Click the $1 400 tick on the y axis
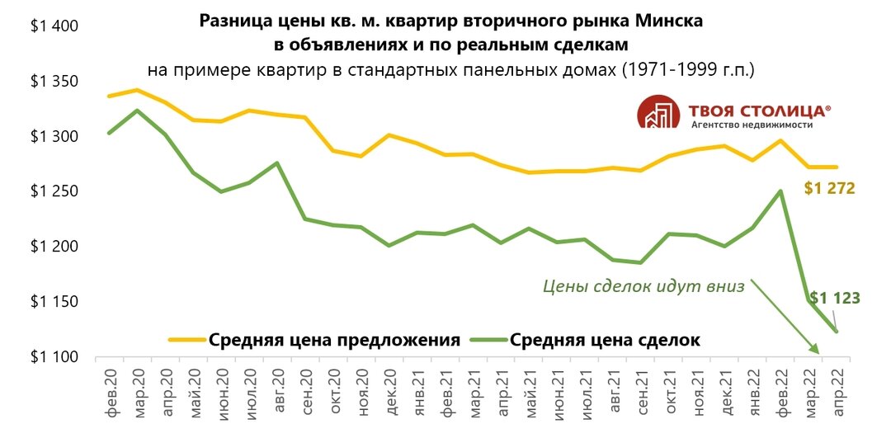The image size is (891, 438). (54, 26)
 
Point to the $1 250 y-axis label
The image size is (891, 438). (54, 191)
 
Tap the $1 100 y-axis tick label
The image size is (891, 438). (54, 357)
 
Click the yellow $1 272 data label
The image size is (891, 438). (829, 189)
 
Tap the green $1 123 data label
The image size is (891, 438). (834, 298)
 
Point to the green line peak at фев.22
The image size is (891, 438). (781, 191)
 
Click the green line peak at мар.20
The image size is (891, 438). (137, 111)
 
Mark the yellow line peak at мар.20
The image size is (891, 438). (137, 89)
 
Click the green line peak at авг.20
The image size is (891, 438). (278, 162)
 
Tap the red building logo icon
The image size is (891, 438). (658, 113)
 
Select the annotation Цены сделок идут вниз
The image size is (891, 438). (643, 286)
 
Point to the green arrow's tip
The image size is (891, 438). (819, 354)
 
